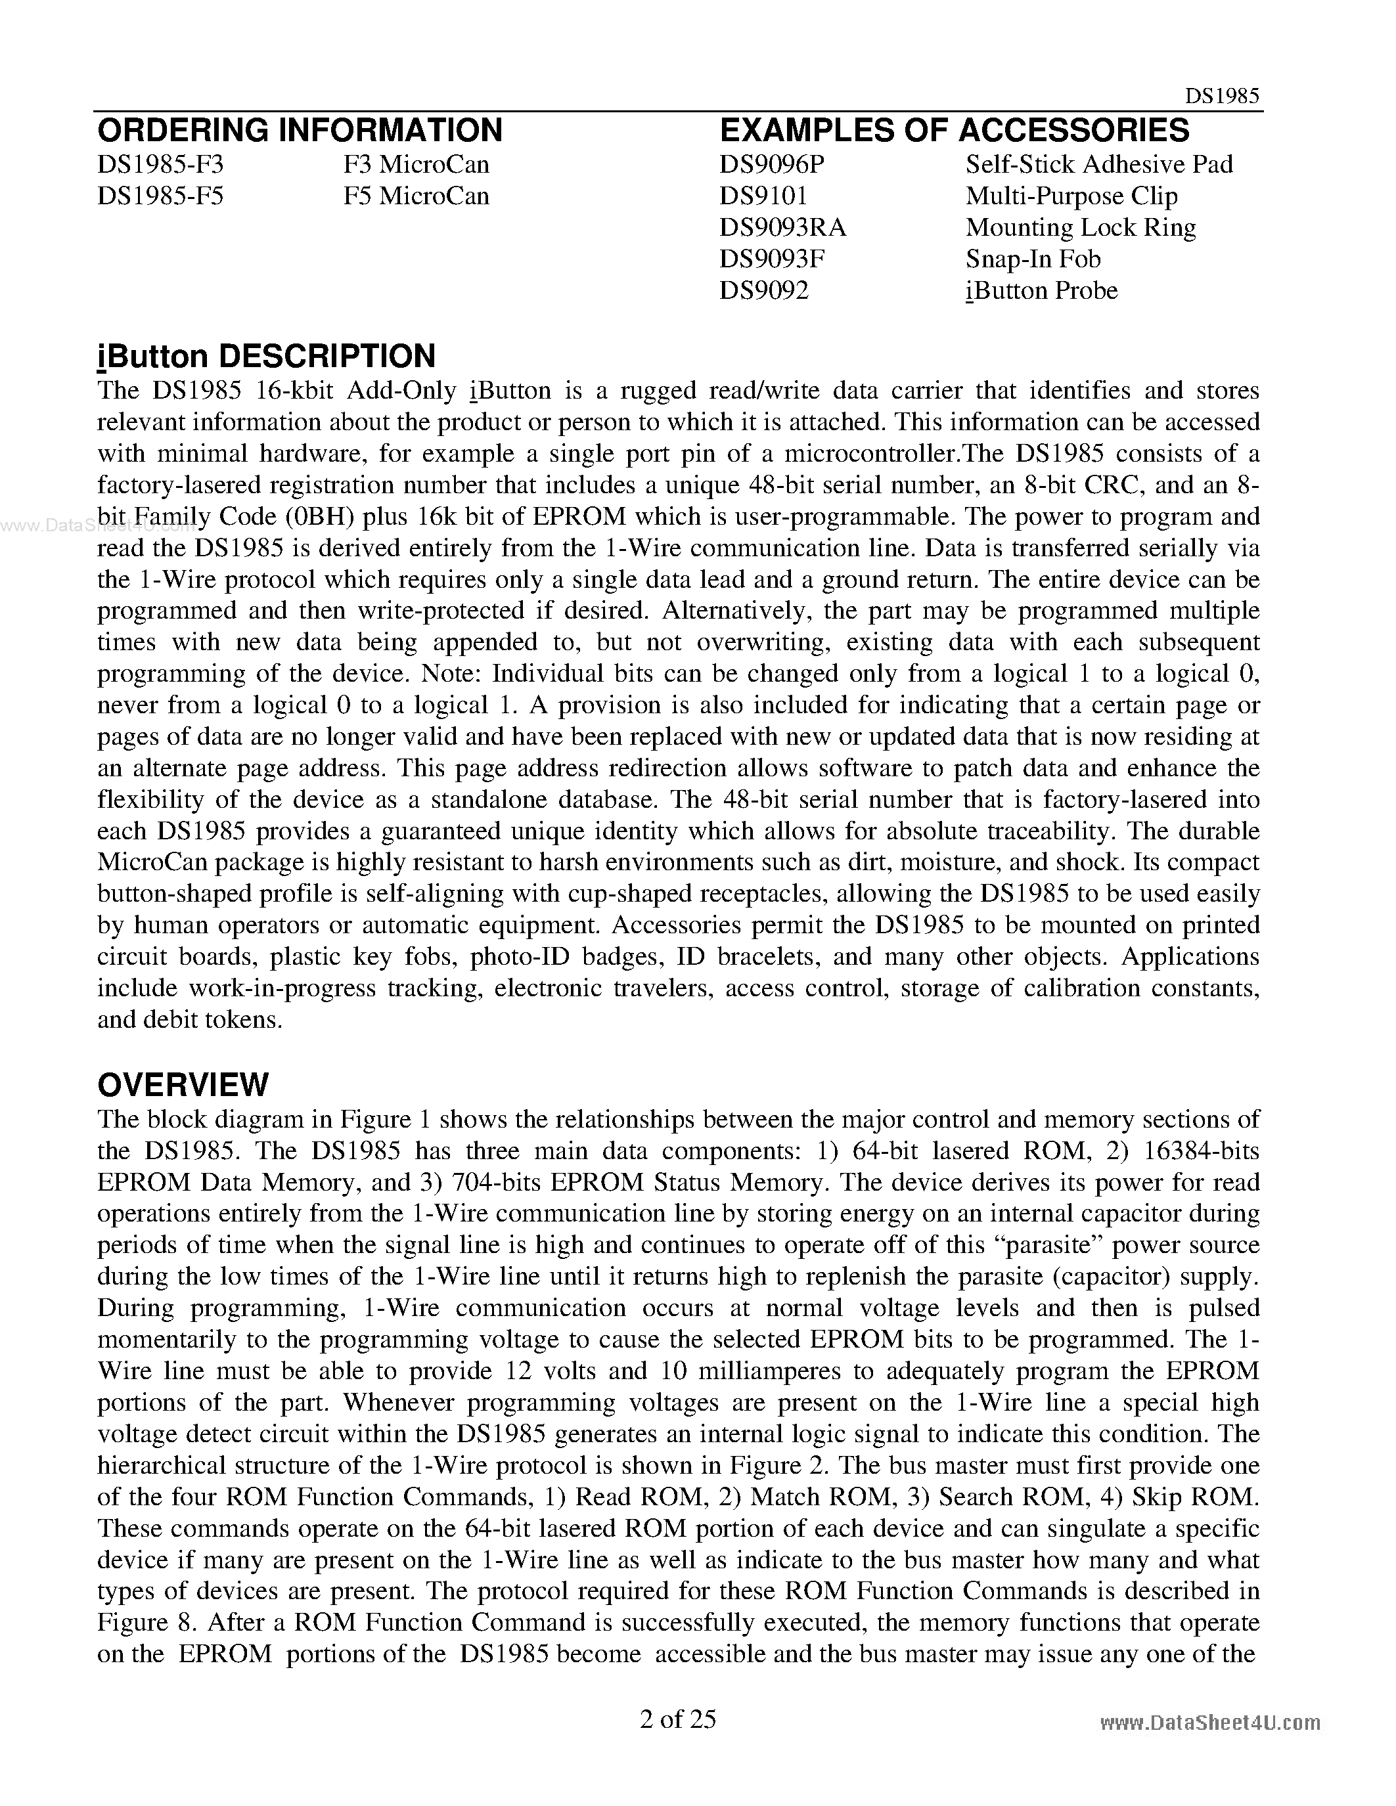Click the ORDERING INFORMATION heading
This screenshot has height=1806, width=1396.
[300, 131]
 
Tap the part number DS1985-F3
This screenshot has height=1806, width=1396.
[160, 165]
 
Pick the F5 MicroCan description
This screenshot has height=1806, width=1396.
[416, 196]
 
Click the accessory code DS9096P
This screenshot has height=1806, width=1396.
[772, 165]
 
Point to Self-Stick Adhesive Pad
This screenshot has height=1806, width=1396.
[1098, 165]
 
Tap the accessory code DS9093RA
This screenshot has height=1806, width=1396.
[782, 227]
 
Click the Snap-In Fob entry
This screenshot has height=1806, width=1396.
[1033, 259]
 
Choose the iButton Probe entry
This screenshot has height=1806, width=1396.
[1041, 290]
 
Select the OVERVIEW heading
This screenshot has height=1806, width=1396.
[183, 1084]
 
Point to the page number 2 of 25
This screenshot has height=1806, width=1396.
[677, 1719]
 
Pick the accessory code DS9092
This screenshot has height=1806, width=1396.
[763, 290]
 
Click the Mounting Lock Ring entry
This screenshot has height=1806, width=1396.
[1080, 227]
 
